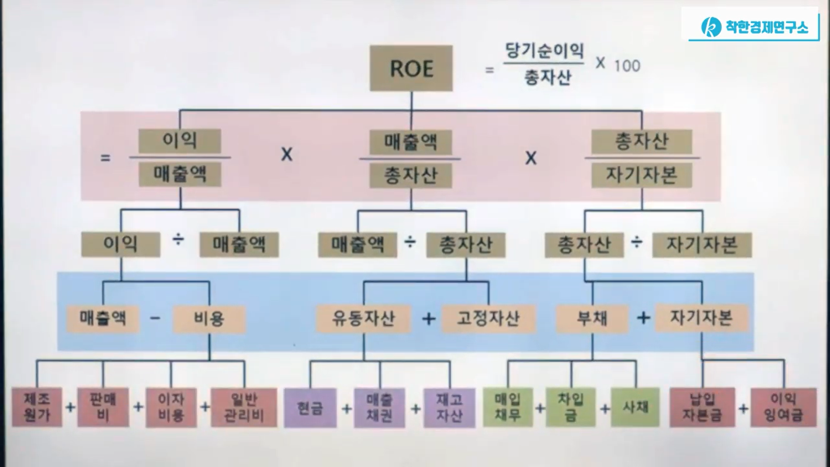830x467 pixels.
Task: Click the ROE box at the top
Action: click(411, 68)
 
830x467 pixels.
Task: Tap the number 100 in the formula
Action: click(627, 66)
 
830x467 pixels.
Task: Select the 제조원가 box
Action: click(37, 407)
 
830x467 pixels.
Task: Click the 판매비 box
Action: click(103, 407)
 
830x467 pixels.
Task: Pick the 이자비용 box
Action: click(171, 407)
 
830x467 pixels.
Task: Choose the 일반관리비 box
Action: click(244, 407)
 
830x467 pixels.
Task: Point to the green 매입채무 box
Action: click(508, 407)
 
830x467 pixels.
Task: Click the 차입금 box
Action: click(571, 407)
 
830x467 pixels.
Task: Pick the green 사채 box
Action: click(635, 407)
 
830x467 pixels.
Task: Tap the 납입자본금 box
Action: click(702, 407)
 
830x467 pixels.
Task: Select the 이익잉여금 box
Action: click(783, 407)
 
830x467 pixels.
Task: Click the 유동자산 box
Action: click(363, 319)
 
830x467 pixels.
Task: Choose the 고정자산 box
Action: click(488, 319)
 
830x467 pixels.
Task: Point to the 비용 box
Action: click(209, 319)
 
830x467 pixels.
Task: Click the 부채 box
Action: click(592, 319)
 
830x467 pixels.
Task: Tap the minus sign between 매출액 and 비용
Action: click(155, 319)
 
